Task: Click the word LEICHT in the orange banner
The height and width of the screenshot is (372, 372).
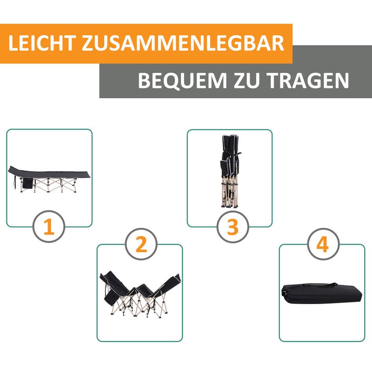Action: click(40, 43)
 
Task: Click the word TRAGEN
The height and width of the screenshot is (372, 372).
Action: click(307, 80)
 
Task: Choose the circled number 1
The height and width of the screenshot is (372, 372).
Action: click(48, 227)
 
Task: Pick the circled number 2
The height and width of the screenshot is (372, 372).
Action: click(141, 245)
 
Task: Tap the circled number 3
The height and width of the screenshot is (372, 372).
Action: click(232, 227)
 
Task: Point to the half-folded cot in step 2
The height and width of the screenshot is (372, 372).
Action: click(139, 293)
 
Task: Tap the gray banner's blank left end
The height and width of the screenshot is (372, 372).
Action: click(116, 81)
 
